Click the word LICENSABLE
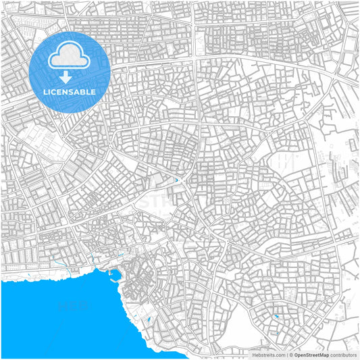click(70, 92)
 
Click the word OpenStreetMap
click(311, 354)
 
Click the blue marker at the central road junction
click(178, 180)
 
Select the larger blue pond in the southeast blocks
click(276, 316)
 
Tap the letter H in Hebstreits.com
click(255, 354)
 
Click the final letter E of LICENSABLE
click(93, 92)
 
